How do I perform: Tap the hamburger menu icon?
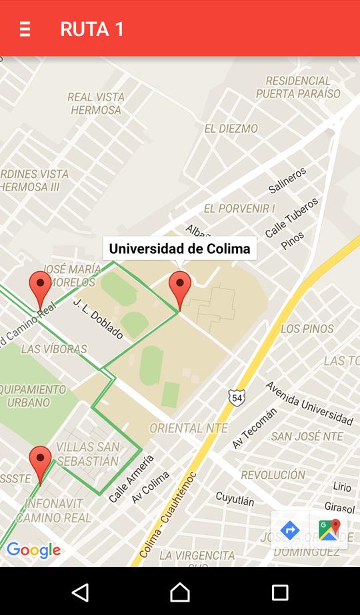[25, 29]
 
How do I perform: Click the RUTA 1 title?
[92, 29]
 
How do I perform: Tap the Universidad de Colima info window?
[179, 249]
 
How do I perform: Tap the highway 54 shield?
[237, 397]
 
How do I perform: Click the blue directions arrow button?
[290, 530]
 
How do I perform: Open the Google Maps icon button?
[329, 530]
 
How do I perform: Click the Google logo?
[33, 550]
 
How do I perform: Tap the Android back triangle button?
[80, 592]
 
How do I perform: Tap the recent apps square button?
[280, 592]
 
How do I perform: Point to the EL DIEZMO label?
[231, 129]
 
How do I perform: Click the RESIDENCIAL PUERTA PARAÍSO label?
[298, 87]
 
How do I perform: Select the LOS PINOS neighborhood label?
[307, 328]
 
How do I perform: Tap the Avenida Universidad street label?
[309, 403]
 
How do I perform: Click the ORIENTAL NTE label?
[189, 428]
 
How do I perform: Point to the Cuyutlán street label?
[235, 498]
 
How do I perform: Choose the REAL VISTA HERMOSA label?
[96, 103]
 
